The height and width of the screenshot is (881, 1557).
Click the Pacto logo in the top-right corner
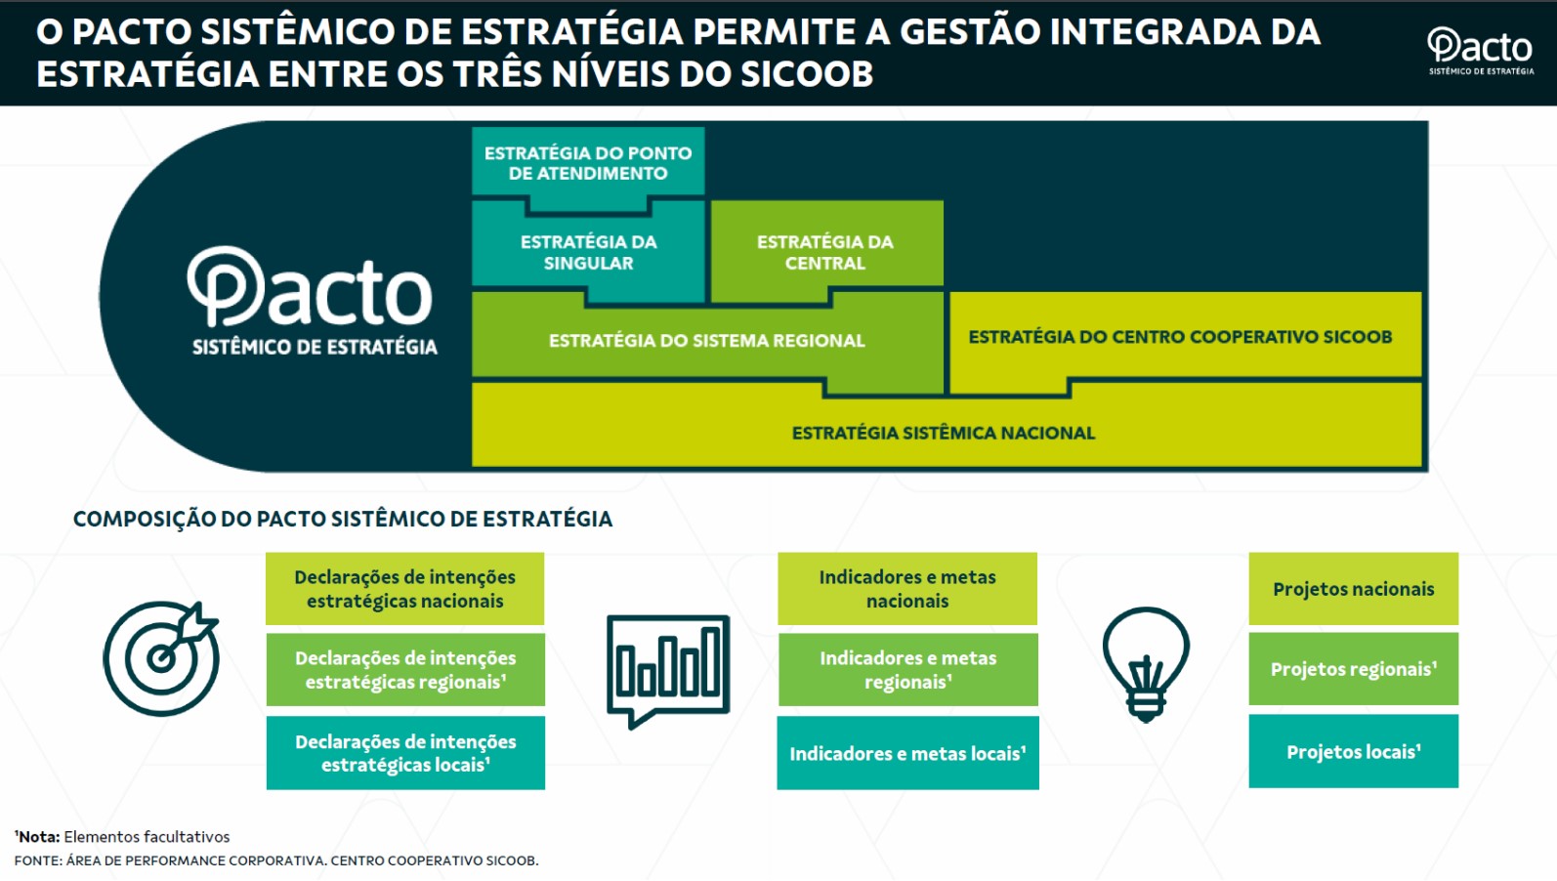coord(1481,51)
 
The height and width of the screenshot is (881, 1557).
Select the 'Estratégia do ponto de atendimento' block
coord(588,163)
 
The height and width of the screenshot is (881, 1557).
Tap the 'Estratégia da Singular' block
coord(588,252)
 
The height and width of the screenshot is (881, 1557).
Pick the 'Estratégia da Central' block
coord(826,252)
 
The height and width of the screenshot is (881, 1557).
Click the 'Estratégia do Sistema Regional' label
coord(707,341)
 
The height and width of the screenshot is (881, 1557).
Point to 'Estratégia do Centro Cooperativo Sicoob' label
coord(1180,337)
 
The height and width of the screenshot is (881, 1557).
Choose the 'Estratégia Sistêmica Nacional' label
coord(944,433)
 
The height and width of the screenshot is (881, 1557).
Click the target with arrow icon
coord(161,658)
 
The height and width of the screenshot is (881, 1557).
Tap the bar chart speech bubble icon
coord(668,671)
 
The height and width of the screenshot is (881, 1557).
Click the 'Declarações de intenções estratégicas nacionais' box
coord(404,589)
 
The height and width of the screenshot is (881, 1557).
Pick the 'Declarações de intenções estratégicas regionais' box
coord(405,670)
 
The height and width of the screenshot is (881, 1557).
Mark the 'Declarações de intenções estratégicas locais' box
coord(405,753)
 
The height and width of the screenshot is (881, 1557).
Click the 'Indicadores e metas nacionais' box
coord(907,589)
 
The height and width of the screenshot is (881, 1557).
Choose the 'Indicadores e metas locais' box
coord(907,753)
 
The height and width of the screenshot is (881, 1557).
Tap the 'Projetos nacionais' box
coord(1353,589)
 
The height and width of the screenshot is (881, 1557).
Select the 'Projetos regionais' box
coord(1353,669)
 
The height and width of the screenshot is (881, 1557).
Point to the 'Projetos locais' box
coord(1353,751)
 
